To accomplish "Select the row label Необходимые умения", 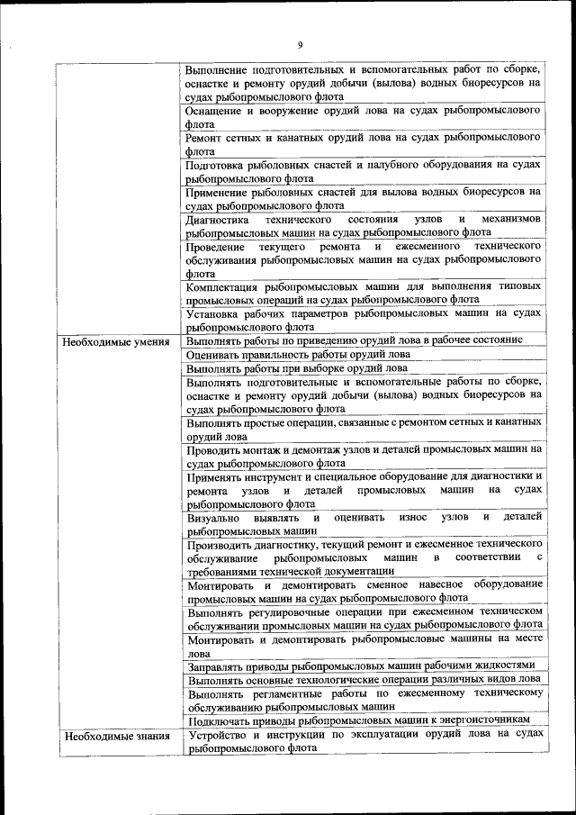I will pos(113,341).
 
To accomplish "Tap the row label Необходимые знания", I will pos(115,736).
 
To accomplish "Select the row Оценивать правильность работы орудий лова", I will pos(297,355).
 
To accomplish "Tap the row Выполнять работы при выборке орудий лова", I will pos(297,368).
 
